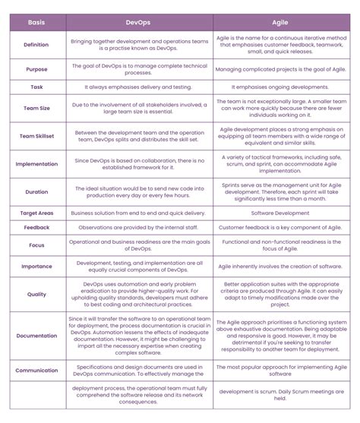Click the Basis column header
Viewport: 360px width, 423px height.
(x=36, y=22)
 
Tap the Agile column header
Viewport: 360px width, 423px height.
(x=279, y=22)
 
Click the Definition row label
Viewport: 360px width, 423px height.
(x=36, y=45)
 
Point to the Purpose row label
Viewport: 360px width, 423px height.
(x=36, y=70)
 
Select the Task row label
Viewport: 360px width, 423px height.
(x=36, y=87)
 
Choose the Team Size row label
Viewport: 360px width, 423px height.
(x=36, y=109)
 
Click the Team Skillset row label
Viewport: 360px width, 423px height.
(x=36, y=137)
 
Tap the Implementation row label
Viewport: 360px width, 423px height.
(x=36, y=163)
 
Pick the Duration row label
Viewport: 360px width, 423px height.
(x=36, y=193)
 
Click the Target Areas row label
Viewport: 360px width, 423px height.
(x=36, y=213)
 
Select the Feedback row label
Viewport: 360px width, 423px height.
(x=36, y=227)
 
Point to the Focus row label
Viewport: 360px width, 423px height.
(x=36, y=245)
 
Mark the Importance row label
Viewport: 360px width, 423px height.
(x=36, y=266)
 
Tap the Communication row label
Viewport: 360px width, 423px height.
(x=36, y=371)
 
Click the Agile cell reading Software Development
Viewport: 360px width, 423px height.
(x=279, y=213)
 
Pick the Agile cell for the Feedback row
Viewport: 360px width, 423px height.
(x=279, y=227)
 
